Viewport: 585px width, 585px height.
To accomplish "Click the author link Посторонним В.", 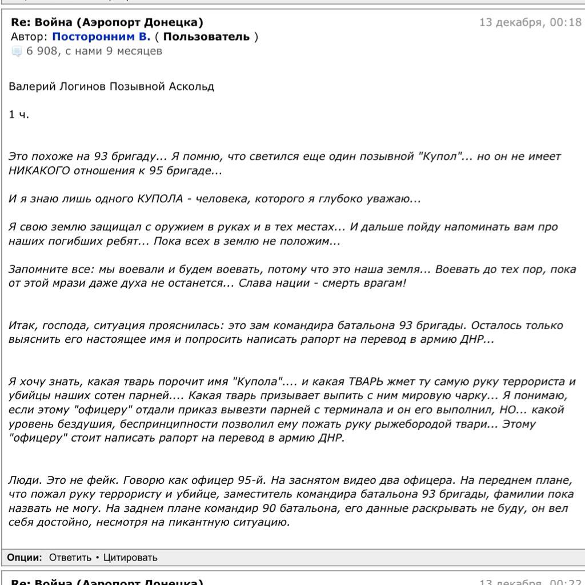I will [x=101, y=37].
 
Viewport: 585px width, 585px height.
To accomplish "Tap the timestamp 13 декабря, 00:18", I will [x=530, y=23].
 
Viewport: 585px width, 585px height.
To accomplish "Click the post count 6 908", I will [x=42, y=51].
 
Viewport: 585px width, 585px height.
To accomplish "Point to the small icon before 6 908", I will [x=17, y=52].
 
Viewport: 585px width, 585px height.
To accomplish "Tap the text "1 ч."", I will [x=18, y=115].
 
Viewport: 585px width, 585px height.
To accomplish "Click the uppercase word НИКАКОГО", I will [x=39, y=171].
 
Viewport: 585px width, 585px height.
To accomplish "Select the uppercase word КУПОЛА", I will [x=161, y=199].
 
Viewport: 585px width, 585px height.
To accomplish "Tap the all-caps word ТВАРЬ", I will [x=367, y=382].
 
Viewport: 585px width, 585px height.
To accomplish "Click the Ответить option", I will [x=70, y=558].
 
